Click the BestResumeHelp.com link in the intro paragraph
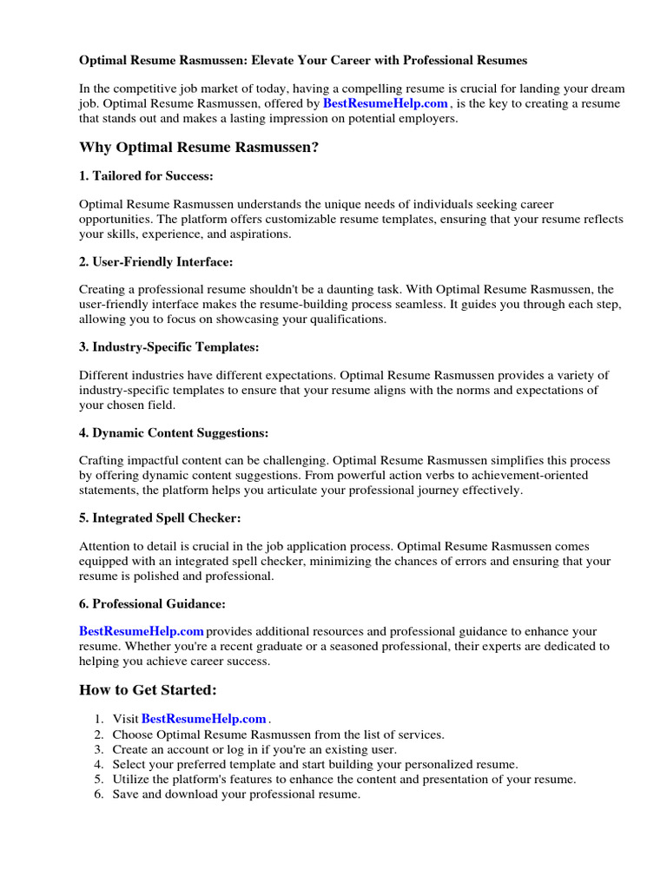tap(386, 103)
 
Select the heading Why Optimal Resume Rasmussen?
tap(199, 148)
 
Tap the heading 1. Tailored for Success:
tap(146, 176)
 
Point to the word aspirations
tap(261, 234)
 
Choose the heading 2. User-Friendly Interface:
tap(156, 261)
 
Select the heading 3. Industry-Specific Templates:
tap(169, 347)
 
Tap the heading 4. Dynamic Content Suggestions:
tap(174, 432)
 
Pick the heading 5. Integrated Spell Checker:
tap(160, 518)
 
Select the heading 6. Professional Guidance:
tap(153, 603)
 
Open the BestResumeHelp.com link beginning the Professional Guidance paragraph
tap(142, 631)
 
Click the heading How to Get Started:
tap(148, 690)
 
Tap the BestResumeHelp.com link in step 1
tap(203, 719)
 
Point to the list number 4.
tap(97, 765)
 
